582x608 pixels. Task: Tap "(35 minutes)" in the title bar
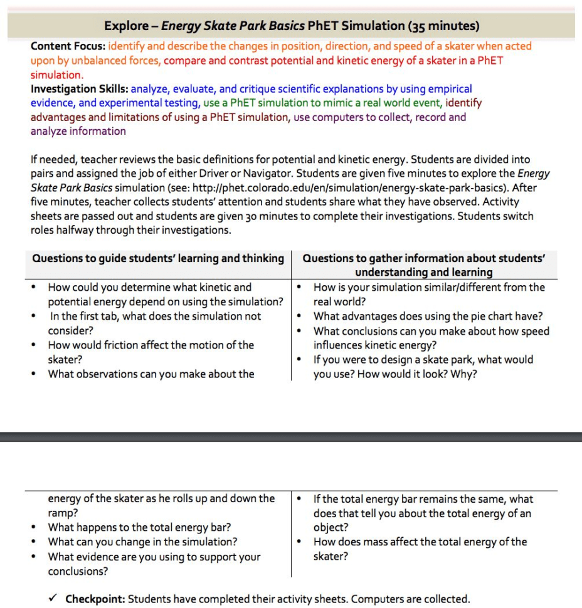tap(443, 26)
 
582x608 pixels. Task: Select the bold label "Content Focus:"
tap(68, 46)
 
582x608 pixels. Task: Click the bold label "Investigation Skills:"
tap(80, 89)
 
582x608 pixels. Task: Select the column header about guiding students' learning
tap(157, 258)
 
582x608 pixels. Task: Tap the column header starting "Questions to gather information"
tap(424, 265)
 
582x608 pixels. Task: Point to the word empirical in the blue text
tap(450, 89)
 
